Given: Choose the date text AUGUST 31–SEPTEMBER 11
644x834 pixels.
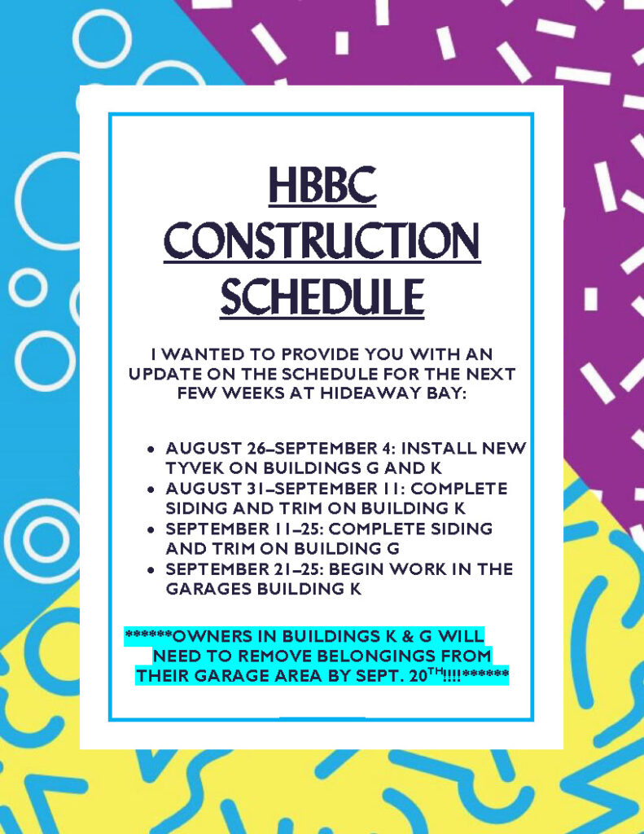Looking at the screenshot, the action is click(286, 488).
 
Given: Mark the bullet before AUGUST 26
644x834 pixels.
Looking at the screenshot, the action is click(151, 449).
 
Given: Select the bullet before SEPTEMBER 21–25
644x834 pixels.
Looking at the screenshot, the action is click(151, 569).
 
